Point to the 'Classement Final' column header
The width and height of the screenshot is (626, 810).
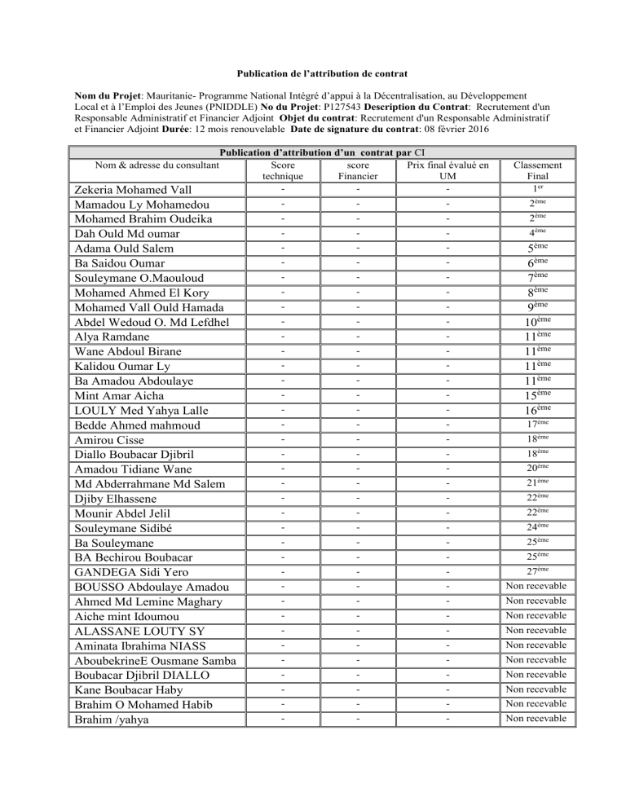(536, 169)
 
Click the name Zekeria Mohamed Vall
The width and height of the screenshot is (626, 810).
(134, 189)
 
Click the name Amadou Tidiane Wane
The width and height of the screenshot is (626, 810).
(134, 469)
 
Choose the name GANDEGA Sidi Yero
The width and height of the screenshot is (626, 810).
(134, 572)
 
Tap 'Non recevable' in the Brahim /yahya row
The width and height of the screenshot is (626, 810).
(536, 718)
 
